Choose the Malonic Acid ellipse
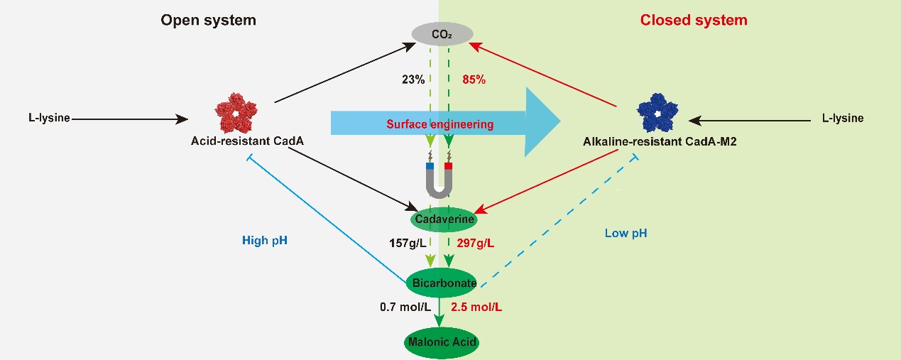(x=442, y=342)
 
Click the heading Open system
(x=208, y=20)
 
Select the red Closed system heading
(x=694, y=20)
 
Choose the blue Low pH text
(x=626, y=232)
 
